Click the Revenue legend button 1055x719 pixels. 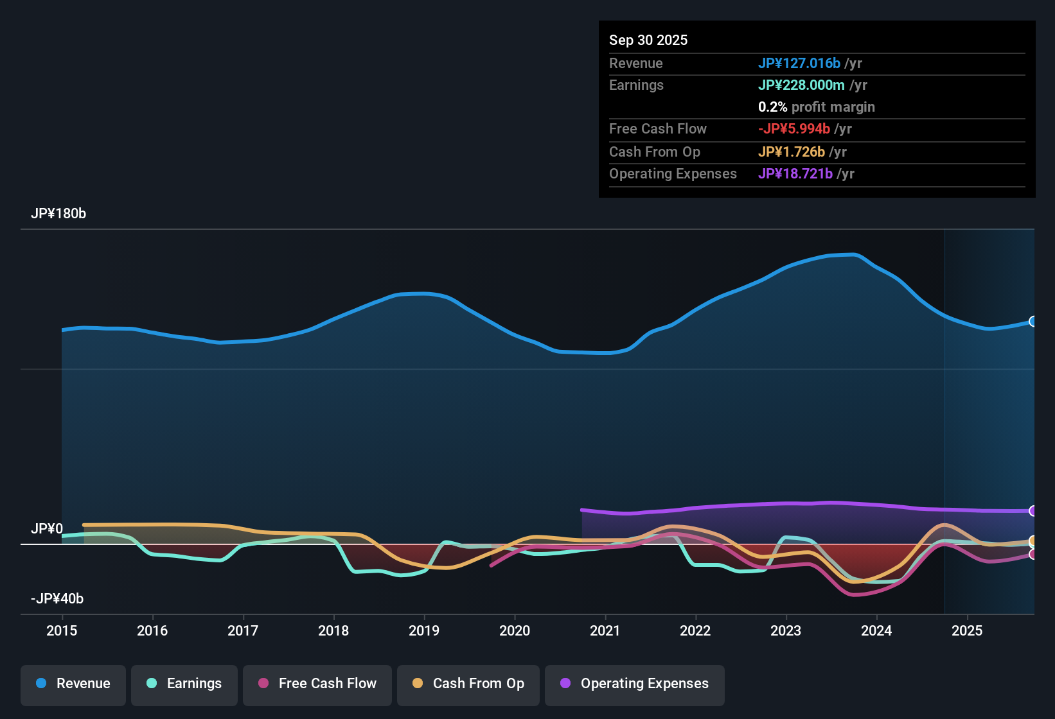click(x=73, y=684)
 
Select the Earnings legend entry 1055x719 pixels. click(x=184, y=684)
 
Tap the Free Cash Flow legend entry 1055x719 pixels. click(x=317, y=684)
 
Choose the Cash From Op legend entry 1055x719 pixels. click(x=468, y=684)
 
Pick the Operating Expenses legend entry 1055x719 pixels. click(x=635, y=684)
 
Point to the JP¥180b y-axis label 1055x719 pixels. click(x=58, y=214)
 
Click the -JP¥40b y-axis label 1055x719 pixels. click(x=57, y=599)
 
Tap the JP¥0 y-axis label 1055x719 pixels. click(x=47, y=529)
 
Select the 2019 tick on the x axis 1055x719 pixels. click(x=424, y=630)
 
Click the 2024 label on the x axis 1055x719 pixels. click(x=876, y=630)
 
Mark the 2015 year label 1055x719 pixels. click(x=62, y=630)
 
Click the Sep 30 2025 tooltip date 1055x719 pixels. click(x=648, y=40)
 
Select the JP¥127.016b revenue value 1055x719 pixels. click(x=799, y=64)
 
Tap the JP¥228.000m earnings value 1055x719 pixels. click(x=801, y=85)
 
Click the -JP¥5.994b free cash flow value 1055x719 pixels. click(x=793, y=129)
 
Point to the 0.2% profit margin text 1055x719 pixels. click(x=816, y=107)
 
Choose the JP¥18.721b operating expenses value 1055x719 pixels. click(x=795, y=174)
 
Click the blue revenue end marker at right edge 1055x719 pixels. click(x=1033, y=322)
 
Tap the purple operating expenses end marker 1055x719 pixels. click(x=1033, y=511)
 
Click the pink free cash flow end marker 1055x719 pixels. click(x=1033, y=554)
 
